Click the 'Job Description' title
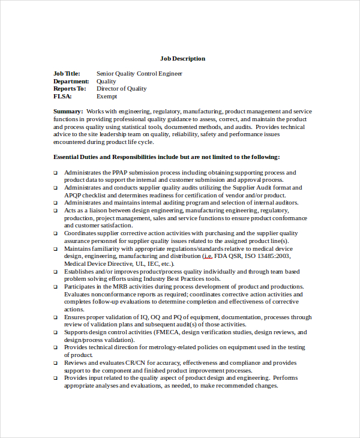click(x=182, y=59)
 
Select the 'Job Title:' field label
click(x=67, y=74)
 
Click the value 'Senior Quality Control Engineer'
click(x=139, y=74)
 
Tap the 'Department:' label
click(x=71, y=82)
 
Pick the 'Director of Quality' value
click(x=121, y=89)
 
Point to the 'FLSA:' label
click(x=62, y=96)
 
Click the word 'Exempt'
click(x=107, y=96)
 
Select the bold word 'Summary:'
click(x=68, y=112)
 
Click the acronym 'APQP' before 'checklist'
click(x=74, y=195)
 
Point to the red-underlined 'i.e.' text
click(x=207, y=256)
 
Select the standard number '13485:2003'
click(x=276, y=256)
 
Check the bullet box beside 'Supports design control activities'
click(x=55, y=332)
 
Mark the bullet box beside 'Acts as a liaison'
click(x=55, y=211)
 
